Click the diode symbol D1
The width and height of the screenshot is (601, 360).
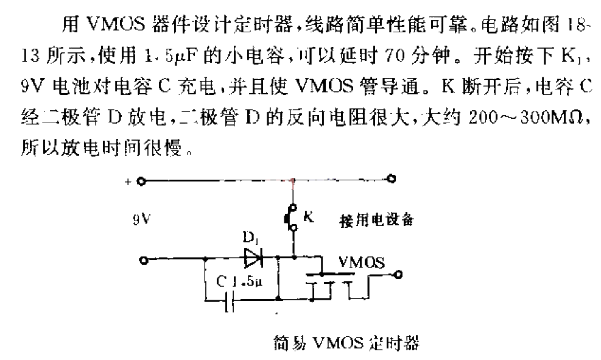coord(253,258)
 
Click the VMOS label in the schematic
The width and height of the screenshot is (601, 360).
coord(362,263)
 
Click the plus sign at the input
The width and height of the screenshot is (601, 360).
coord(128,182)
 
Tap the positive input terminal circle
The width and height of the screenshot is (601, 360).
coord(141,182)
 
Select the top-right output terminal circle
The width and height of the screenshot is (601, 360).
coord(391,178)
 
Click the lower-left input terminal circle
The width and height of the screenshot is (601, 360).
coord(144,261)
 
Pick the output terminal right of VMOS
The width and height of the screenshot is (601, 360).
coord(398,275)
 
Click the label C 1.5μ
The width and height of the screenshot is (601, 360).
coord(239,282)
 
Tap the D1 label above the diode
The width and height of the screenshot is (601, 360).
coord(250,238)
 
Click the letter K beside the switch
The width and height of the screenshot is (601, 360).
coord(309,217)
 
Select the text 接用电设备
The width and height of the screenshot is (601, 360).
coord(377,220)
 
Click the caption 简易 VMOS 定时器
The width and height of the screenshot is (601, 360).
coord(346,343)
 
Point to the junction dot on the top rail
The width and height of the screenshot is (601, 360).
coord(293,180)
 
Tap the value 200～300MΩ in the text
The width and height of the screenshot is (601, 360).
coord(526,118)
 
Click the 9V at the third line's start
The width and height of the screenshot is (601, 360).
coord(31,86)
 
